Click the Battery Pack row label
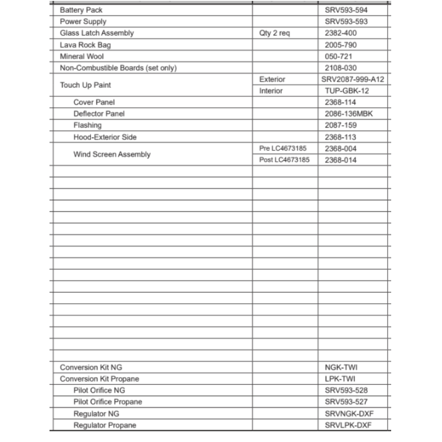point(81,10)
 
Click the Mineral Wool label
point(82,56)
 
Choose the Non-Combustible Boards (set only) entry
point(118,68)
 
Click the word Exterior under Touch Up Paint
point(272,80)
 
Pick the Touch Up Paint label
point(85,85)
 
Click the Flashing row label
point(87,125)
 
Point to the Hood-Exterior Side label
point(105,137)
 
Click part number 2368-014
point(340,160)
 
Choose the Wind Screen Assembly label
point(112,154)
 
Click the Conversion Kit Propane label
point(99,379)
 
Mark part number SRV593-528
point(346,390)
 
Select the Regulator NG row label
point(96,414)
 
